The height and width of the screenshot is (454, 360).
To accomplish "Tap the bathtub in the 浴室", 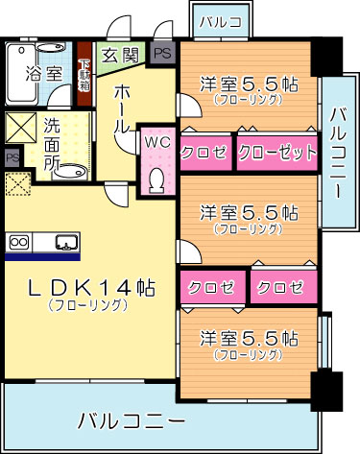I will tap(22, 71).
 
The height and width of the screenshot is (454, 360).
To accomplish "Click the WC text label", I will tap(156, 143).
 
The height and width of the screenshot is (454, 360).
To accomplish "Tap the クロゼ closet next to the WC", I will tap(204, 152).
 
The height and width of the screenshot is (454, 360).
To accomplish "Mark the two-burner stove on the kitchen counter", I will tap(20, 242).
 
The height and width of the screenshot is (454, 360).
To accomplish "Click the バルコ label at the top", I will tap(221, 20).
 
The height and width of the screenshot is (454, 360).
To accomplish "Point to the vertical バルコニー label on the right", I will tap(338, 154).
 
